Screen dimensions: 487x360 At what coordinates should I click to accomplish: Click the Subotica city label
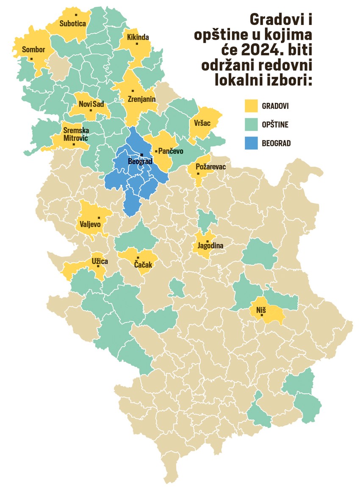point(73,24)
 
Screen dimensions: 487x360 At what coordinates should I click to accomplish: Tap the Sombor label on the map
point(33,50)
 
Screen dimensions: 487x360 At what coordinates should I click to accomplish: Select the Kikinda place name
point(138,37)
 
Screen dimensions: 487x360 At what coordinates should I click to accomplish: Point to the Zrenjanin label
point(142,99)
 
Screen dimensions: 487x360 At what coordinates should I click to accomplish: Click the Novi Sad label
point(91,104)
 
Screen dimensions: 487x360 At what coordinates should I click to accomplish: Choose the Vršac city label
point(203,123)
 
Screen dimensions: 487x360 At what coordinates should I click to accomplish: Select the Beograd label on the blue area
point(140,161)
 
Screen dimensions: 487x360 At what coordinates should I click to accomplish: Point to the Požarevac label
point(211,167)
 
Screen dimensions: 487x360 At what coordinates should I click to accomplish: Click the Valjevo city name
point(89,224)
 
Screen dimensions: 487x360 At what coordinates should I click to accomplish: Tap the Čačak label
point(144,264)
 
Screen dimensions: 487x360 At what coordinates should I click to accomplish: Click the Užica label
point(100,261)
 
